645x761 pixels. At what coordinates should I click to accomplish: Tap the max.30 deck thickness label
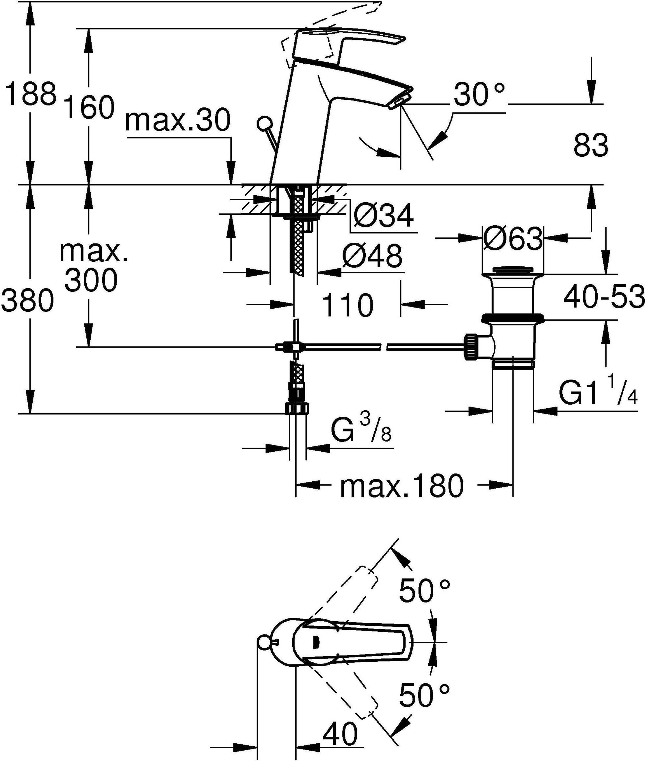178,121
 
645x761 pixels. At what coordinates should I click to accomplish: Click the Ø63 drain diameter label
513,239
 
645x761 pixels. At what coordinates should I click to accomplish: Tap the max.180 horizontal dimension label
402,486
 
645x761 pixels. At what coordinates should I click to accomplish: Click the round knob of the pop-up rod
264,123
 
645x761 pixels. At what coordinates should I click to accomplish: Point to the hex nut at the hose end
297,408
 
